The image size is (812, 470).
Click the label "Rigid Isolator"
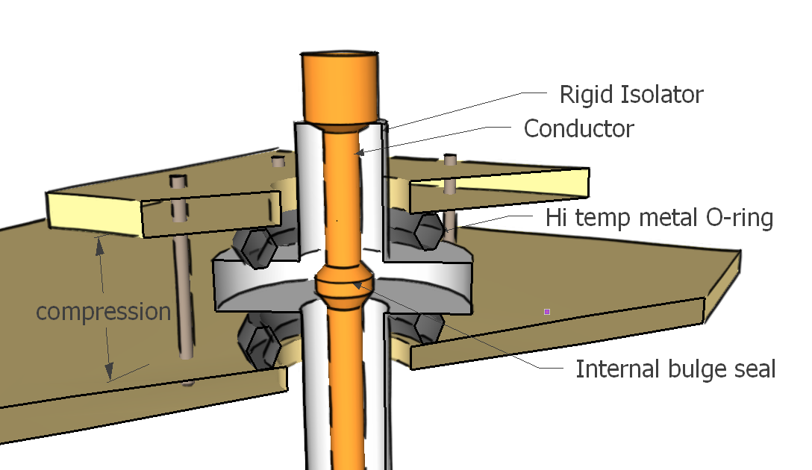click(x=631, y=95)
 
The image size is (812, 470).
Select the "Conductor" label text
click(x=578, y=128)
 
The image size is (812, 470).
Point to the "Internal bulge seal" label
click(x=675, y=369)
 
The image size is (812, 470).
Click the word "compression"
click(x=104, y=311)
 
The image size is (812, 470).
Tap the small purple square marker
click(x=547, y=311)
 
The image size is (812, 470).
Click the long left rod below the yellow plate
click(x=181, y=298)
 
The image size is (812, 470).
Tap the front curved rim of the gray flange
click(x=254, y=294)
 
